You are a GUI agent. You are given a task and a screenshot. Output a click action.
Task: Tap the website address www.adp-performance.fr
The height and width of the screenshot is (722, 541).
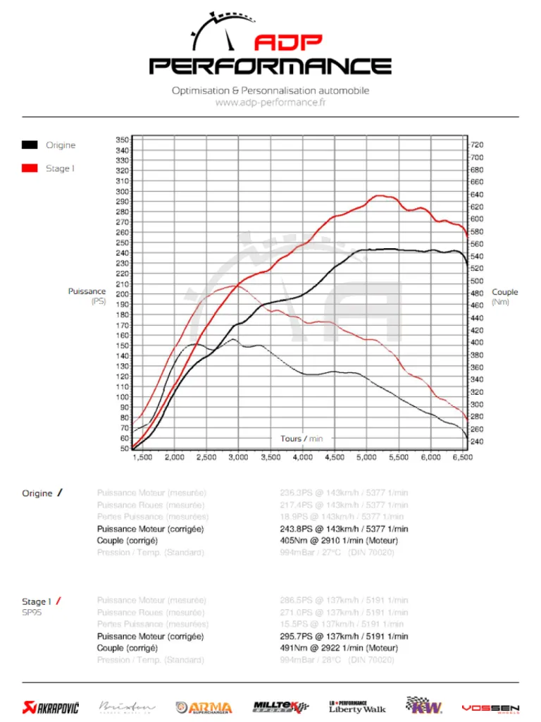[270, 102]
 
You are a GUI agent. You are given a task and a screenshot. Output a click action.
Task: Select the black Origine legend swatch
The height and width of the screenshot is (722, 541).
[30, 145]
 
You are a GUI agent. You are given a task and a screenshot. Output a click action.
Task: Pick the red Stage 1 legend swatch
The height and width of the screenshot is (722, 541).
[30, 169]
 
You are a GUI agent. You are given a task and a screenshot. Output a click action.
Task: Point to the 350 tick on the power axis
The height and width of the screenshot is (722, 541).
[123, 140]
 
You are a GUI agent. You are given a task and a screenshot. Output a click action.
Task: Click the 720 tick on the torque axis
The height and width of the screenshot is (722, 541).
[477, 145]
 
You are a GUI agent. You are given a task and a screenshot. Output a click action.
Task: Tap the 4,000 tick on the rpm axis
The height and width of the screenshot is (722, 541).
[302, 458]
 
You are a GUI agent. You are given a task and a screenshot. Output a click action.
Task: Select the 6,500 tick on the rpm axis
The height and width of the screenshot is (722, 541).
[461, 458]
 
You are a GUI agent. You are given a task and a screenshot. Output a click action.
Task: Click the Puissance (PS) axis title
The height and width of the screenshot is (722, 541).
[88, 296]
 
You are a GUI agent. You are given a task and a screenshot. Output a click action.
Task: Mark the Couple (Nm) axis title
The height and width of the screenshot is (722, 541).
[504, 296]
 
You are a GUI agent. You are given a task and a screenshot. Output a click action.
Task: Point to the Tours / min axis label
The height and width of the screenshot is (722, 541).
[301, 439]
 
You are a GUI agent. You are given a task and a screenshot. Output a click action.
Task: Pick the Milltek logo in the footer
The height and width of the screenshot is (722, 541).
[280, 706]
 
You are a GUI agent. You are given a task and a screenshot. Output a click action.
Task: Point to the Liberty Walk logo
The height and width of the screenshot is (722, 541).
[357, 706]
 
